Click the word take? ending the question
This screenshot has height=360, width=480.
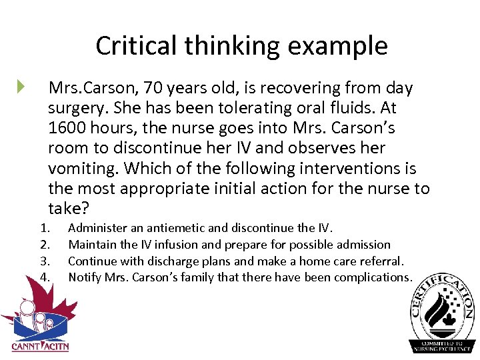tap(69, 208)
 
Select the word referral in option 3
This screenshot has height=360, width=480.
tap(381, 261)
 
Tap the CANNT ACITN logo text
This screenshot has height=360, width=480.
tap(40, 346)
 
